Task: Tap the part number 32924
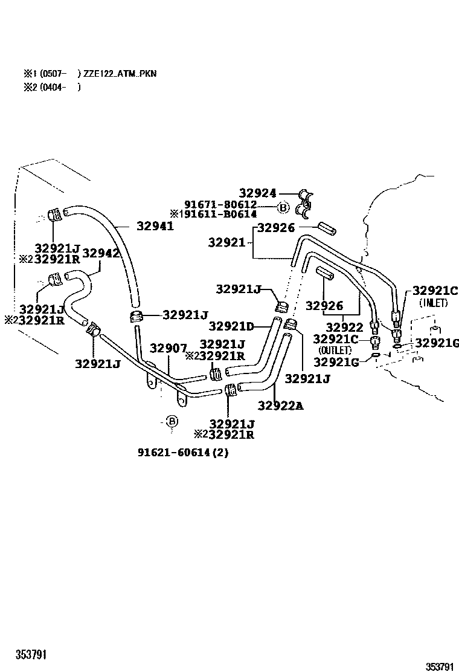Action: tap(257, 193)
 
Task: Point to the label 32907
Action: tap(169, 349)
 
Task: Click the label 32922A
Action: tap(280, 405)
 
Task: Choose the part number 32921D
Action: tap(232, 326)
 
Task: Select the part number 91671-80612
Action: tap(221, 204)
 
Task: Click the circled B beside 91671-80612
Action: tap(282, 208)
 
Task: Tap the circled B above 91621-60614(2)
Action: tap(172, 421)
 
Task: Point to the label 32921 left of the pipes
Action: tap(227, 242)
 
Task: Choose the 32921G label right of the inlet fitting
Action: tap(438, 344)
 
